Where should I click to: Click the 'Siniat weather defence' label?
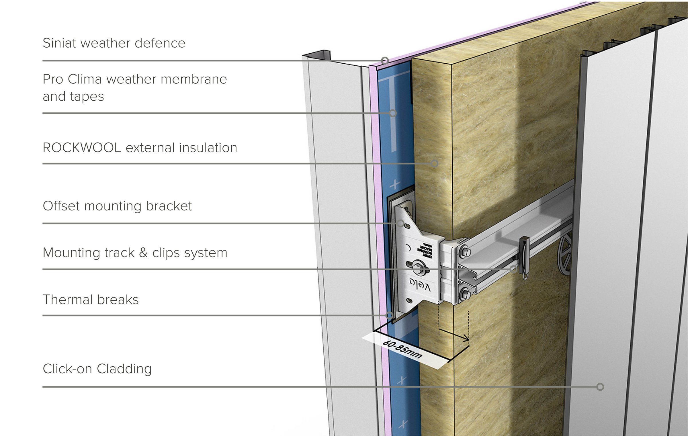[114, 43]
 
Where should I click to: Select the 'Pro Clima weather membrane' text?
[135, 79]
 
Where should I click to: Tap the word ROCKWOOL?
[82, 148]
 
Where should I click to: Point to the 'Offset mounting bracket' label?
[117, 206]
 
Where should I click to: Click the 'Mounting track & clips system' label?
[135, 253]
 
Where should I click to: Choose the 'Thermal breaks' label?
[91, 300]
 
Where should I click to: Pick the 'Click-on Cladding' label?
[97, 369]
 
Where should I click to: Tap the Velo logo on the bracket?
[420, 285]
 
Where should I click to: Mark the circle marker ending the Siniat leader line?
[385, 60]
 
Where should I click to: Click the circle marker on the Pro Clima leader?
[393, 113]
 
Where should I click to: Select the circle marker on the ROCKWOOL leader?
[434, 163]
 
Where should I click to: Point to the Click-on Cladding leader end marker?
[600, 387]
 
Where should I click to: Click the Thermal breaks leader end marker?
[389, 315]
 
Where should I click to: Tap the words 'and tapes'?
[73, 97]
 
